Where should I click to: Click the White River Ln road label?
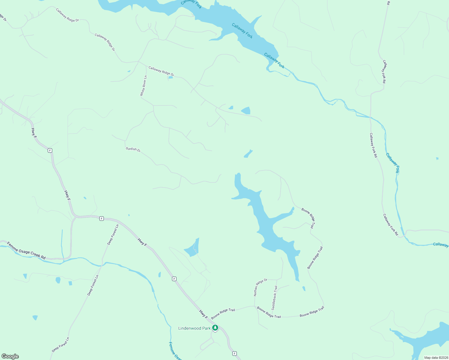coord(143,86)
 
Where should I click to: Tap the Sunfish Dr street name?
coord(133,149)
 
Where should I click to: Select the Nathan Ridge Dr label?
coord(260,287)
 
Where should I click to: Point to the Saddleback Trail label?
coord(274,298)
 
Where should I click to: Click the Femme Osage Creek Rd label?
coord(26,250)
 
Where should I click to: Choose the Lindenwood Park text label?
coord(194,328)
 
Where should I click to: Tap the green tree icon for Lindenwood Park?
coord(215,328)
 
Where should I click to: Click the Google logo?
coord(10,356)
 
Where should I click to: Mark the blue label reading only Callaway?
coord(440,245)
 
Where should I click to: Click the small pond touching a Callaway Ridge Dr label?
coord(170,77)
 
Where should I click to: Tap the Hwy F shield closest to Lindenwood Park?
coord(234,353)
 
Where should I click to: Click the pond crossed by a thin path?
coord(192,248)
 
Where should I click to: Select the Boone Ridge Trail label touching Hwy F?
coord(223,313)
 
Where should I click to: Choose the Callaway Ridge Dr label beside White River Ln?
coord(161,71)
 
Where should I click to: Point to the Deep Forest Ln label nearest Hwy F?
coord(113,234)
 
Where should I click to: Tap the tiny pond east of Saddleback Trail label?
coord(304,289)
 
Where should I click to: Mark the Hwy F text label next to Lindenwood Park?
coord(203,314)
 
